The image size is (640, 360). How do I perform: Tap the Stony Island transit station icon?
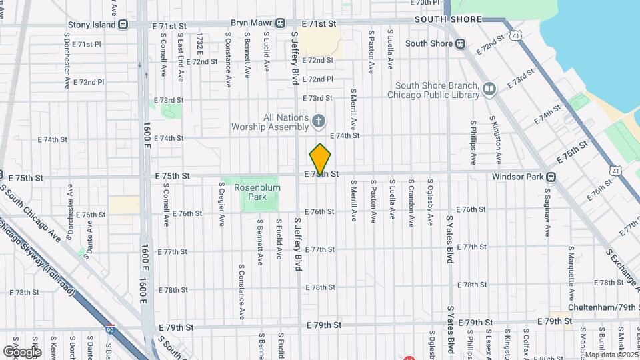(x=123, y=25)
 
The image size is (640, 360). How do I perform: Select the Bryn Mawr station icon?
(x=280, y=23)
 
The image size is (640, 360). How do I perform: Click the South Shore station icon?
(x=460, y=44)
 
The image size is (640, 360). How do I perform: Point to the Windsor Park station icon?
(x=551, y=177)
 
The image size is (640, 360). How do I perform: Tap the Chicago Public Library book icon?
(x=489, y=89)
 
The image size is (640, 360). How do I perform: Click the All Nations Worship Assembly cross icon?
(x=319, y=121)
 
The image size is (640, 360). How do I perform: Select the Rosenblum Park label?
(x=257, y=193)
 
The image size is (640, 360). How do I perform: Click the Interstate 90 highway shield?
(x=109, y=329)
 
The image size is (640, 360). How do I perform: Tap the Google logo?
(x=23, y=351)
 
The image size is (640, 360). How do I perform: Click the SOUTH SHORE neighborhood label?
(x=447, y=19)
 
